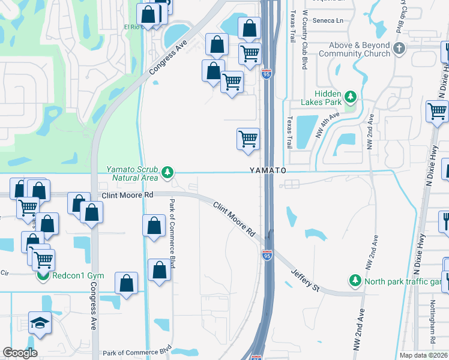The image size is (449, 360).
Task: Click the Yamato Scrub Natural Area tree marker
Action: (x=167, y=173)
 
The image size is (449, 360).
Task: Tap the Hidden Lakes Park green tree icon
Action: (x=351, y=95)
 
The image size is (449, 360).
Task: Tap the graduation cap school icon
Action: (x=40, y=322)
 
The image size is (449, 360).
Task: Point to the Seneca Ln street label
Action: (x=331, y=20)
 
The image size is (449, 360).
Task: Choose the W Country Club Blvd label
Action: (x=304, y=39)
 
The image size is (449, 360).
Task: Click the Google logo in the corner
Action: (x=20, y=353)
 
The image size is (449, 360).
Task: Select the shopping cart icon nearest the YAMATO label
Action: (x=248, y=139)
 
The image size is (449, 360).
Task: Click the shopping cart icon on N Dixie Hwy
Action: (x=437, y=111)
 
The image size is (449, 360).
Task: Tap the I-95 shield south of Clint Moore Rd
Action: (x=267, y=256)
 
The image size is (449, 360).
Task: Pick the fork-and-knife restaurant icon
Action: (x=445, y=221)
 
